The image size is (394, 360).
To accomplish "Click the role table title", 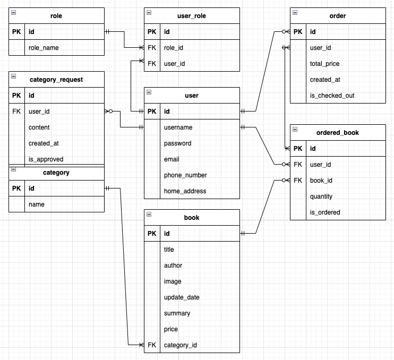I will [x=56, y=16].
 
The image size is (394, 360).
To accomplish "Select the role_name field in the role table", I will [x=44, y=48].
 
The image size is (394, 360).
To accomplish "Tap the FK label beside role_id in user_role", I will [x=152, y=48].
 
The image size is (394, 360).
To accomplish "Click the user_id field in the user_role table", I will [x=174, y=64].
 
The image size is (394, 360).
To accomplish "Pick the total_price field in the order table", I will [x=324, y=64].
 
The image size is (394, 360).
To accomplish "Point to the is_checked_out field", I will [x=332, y=96].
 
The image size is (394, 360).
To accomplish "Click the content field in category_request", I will [x=39, y=127].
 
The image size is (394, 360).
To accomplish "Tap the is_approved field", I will [x=46, y=159].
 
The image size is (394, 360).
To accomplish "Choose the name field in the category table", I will [x=37, y=204].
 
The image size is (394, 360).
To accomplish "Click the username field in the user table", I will [x=178, y=127].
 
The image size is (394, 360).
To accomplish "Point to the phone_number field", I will [x=185, y=175].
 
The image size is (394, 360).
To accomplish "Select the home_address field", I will [x=185, y=191].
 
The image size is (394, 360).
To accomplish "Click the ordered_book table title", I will [x=338, y=133].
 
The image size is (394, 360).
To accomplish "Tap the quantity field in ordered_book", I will [x=321, y=196].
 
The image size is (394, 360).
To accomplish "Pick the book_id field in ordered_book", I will [x=321, y=181].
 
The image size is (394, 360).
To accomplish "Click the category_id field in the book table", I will [x=181, y=345].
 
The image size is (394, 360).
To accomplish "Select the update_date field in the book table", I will [x=182, y=297].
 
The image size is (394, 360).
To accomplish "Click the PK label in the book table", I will [x=152, y=234].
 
